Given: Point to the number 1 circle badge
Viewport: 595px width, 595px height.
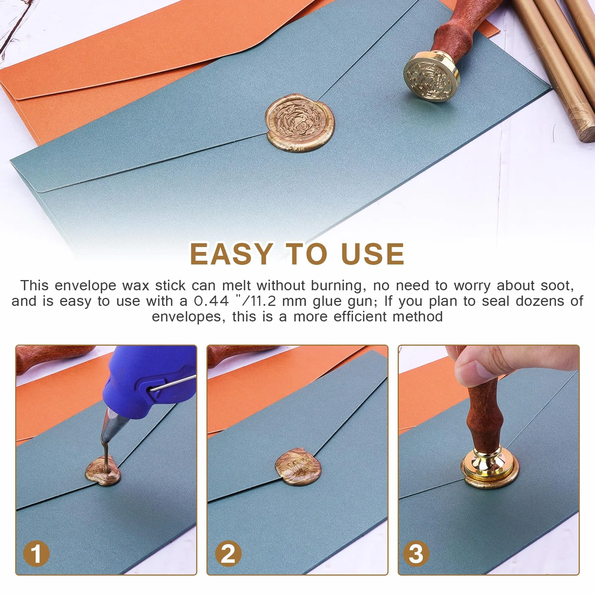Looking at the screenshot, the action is pyautogui.click(x=36, y=554).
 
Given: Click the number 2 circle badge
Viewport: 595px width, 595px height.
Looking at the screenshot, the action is pyautogui.click(x=228, y=554).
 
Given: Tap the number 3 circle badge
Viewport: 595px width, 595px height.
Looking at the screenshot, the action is pyautogui.click(x=416, y=554).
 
